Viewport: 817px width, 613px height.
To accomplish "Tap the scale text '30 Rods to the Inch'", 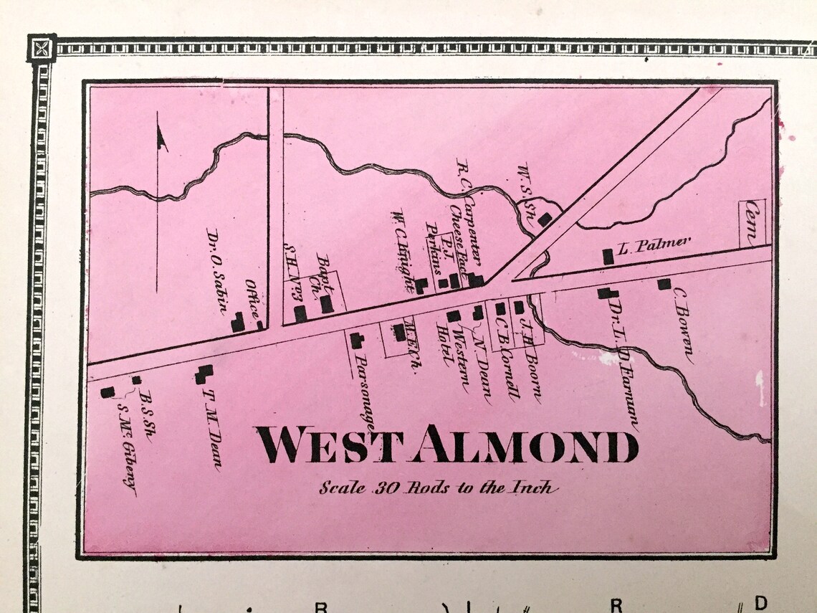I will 438,488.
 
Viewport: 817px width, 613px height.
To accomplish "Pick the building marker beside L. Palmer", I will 608,256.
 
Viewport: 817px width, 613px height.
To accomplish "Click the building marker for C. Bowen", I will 664,284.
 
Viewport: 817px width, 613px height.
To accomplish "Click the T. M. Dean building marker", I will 205,374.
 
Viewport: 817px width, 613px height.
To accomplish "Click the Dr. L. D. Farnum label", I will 623,364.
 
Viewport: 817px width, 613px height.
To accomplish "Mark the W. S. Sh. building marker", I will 546,219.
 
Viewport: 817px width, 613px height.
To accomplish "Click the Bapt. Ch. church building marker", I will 326,304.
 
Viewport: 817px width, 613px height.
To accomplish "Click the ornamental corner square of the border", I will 42,49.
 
